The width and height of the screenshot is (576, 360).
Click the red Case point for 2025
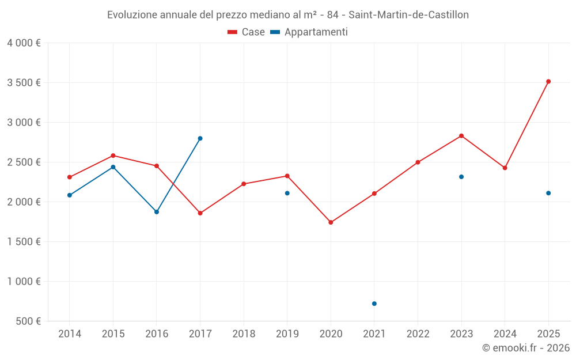point(548,81)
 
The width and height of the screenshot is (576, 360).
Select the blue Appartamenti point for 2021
point(374,304)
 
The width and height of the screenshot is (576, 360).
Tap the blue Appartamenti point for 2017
point(200,138)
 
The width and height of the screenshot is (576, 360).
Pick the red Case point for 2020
point(331,222)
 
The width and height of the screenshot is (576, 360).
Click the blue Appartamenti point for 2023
point(461,177)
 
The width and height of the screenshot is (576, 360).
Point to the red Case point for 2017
point(200,213)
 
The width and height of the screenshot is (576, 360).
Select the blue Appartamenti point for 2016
point(157,212)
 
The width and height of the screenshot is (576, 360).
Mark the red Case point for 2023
point(461,135)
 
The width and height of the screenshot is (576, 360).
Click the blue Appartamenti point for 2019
point(287,193)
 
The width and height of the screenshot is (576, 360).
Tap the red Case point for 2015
point(113,156)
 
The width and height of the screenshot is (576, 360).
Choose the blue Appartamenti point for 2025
point(548,193)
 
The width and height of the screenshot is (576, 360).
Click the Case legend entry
point(247,32)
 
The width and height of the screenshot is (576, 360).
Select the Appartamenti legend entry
point(309,32)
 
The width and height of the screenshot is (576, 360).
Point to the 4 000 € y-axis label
point(24,43)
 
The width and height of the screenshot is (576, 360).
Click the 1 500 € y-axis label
point(24,241)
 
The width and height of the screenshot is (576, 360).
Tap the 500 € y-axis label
point(27,321)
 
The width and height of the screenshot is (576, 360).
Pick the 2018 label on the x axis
point(244,334)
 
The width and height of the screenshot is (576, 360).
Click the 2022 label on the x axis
point(418,334)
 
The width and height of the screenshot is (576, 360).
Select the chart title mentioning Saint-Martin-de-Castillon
point(288,15)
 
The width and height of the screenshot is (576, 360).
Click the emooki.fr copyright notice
point(526,348)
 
